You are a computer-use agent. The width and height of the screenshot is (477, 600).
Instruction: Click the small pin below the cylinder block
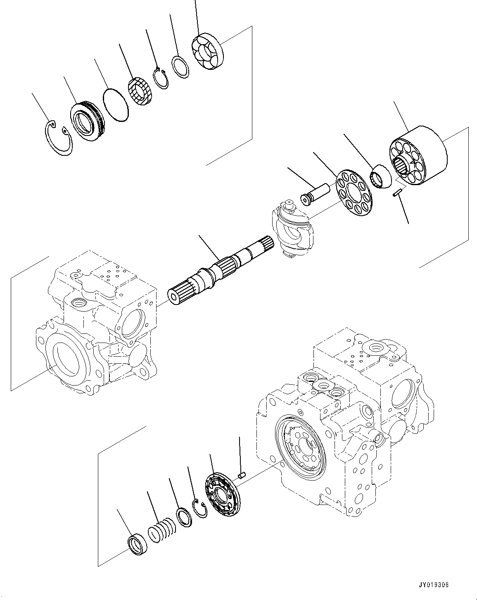399,193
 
